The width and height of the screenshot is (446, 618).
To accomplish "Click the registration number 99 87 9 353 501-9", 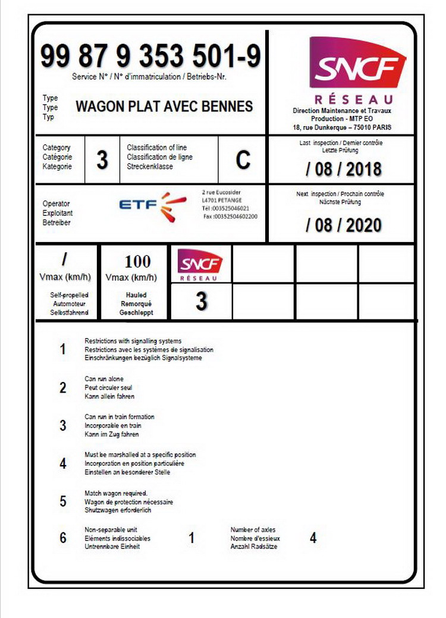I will coord(150,57).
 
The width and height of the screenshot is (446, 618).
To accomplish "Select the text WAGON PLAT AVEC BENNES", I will coord(164,106).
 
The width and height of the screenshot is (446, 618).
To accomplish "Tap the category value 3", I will coord(102,160).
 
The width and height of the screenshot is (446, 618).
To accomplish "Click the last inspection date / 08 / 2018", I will coord(343,169).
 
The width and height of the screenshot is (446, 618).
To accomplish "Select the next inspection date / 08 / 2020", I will coord(343,225).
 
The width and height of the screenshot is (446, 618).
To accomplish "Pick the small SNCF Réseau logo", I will coord(200,264).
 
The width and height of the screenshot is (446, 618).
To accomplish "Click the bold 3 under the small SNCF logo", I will coord(202,302).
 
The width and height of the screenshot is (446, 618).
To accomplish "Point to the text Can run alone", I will coord(104,379).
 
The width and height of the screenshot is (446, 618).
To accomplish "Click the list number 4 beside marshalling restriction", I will coord(63,463).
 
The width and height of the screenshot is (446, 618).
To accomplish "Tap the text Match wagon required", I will coord(115,494).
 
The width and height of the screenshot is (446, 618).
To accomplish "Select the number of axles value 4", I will coord(313,538).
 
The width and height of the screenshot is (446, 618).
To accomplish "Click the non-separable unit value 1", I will coord(191,538).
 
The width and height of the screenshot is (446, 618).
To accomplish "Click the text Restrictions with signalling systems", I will coord(133,341).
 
